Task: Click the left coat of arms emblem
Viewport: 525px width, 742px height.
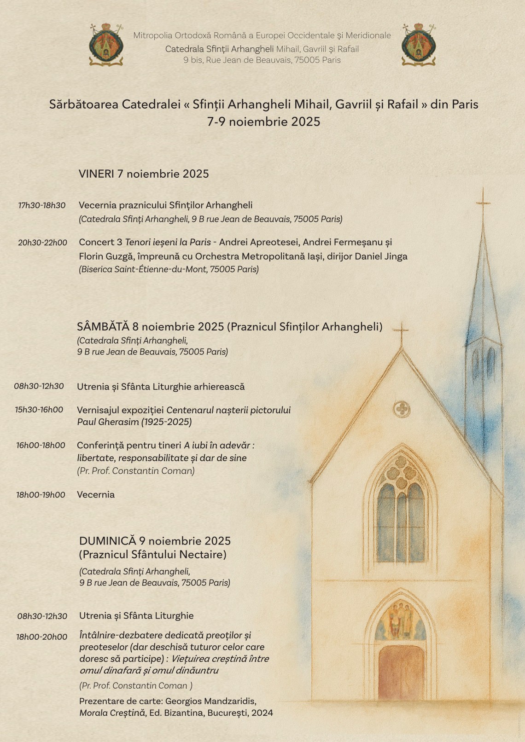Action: (x=106, y=45)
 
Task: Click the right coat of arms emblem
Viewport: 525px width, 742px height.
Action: (x=419, y=45)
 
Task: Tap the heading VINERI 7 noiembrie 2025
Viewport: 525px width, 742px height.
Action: (x=144, y=174)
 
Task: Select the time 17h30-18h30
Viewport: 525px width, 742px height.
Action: (x=42, y=205)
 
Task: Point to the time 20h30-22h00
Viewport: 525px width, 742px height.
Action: (x=42, y=243)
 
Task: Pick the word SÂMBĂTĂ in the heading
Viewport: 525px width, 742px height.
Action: (x=103, y=327)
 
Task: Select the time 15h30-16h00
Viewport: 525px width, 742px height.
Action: (x=39, y=410)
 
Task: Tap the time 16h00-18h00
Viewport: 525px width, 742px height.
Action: (x=41, y=445)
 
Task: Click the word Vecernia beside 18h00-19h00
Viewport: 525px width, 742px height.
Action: (x=96, y=495)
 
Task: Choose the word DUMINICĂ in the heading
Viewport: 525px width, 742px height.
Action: (x=108, y=541)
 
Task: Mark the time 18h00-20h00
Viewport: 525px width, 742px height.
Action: (x=42, y=637)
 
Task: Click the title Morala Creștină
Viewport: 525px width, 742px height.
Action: (x=110, y=713)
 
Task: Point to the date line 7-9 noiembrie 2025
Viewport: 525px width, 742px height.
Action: (x=263, y=122)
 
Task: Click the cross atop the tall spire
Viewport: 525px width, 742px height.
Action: (x=483, y=203)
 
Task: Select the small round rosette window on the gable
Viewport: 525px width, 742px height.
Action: (x=402, y=408)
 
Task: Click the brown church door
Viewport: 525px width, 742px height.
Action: (x=401, y=672)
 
